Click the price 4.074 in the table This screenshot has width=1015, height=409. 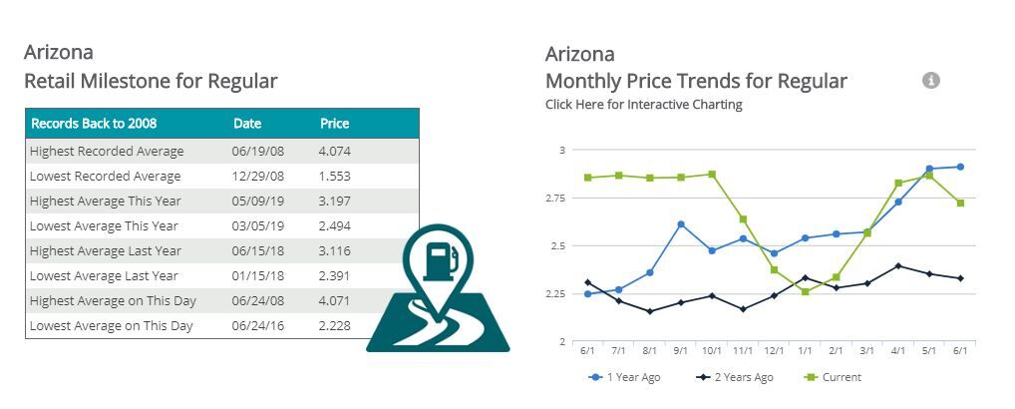point(335,152)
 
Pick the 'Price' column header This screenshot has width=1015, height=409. point(334,124)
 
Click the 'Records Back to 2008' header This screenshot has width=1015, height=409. point(94,124)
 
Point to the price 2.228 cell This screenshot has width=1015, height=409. point(335,326)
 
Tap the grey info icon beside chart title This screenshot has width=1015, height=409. point(931,81)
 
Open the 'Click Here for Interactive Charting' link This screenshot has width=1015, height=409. point(643,105)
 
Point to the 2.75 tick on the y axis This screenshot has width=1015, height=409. point(555,199)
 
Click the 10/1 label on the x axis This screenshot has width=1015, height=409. point(711,351)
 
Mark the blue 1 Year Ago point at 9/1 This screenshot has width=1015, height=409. point(680,224)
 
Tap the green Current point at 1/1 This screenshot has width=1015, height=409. point(806,292)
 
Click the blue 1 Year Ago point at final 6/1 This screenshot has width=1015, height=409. point(960,167)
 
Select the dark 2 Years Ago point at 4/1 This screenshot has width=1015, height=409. point(898,266)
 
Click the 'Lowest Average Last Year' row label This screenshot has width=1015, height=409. point(104,276)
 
